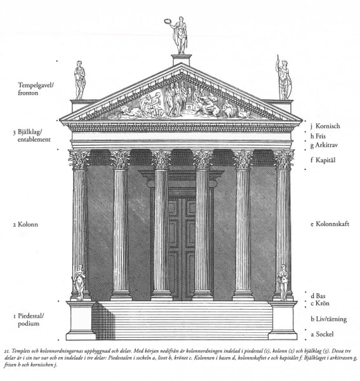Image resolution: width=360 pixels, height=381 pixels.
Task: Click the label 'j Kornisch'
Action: coord(325,126)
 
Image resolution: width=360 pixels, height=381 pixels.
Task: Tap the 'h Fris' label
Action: coord(318,136)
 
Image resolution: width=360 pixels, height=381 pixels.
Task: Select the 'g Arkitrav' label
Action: coord(324,145)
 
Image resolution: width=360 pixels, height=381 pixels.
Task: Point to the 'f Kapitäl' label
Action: coord(323,160)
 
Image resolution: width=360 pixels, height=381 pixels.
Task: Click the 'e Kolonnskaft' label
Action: coord(330,224)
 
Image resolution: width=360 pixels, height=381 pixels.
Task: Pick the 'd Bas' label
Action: coord(317,296)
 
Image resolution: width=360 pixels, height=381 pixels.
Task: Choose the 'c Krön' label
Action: coord(320,304)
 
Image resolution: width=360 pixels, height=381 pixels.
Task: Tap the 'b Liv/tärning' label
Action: coord(329,319)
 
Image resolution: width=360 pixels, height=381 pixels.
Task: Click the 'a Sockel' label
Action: coord(322,334)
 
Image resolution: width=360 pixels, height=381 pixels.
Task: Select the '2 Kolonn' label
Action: coord(25,224)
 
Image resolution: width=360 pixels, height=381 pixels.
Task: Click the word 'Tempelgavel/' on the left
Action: coord(36,85)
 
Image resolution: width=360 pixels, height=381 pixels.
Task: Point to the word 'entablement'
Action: coord(34,140)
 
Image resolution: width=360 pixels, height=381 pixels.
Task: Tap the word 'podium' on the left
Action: coord(29,324)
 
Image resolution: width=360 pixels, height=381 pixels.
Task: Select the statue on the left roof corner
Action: coord(79,80)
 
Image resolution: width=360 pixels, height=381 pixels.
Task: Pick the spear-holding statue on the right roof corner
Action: coord(283,77)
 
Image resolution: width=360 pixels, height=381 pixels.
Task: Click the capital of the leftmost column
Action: coord(79,159)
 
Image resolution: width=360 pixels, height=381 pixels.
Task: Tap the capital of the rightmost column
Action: coord(283,159)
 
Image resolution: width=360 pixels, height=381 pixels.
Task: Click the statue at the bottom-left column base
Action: coord(79,283)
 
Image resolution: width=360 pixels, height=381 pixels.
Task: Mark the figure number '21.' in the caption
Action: coord(7,351)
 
